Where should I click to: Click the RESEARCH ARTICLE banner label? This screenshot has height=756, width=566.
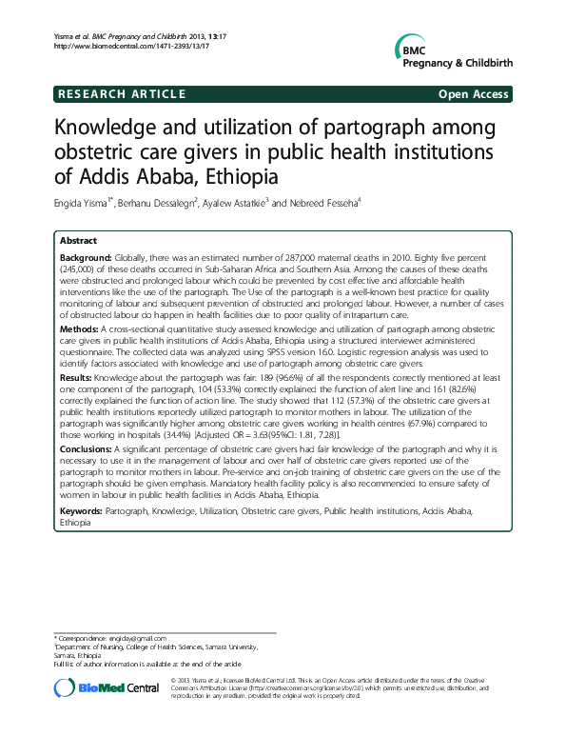(122, 94)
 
